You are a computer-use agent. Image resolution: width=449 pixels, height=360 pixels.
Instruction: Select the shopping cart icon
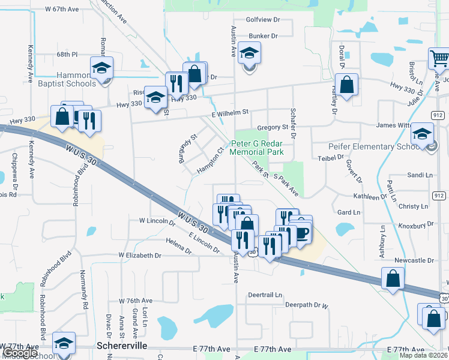pos(439,59)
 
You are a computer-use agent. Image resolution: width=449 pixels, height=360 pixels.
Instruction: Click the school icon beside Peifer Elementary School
pos(422,134)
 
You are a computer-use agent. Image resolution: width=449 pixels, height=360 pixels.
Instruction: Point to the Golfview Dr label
pos(264,20)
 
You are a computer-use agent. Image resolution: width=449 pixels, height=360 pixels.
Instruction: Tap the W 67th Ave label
pos(62,10)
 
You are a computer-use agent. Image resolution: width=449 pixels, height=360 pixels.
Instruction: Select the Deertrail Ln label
pos(265,295)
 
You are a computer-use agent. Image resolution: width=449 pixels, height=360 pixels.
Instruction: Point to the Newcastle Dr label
pos(414,260)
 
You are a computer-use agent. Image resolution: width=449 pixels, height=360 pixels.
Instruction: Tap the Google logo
pos(20,353)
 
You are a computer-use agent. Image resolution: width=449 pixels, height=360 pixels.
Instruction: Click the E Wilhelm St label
pos(229,113)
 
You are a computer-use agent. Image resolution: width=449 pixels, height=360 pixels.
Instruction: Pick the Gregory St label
pos(273,127)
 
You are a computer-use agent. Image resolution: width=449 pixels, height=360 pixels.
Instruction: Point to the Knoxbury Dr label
pos(415,224)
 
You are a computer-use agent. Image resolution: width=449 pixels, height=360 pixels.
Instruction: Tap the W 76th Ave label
pos(136,301)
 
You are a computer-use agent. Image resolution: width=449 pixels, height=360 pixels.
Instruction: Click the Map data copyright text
pos(423,355)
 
